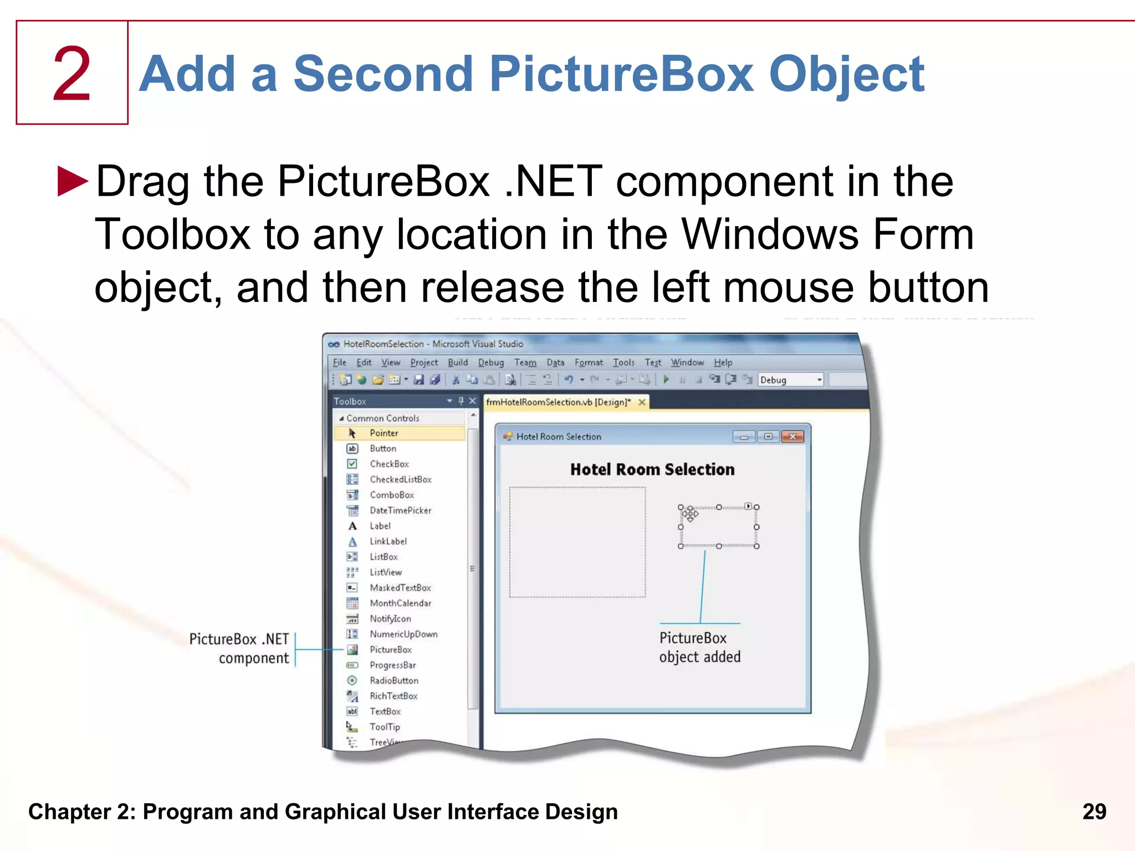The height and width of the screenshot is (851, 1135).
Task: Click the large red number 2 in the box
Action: pyautogui.click(x=72, y=74)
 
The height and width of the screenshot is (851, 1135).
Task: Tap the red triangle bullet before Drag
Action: pyautogui.click(x=73, y=181)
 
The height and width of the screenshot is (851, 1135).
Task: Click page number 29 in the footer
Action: pyautogui.click(x=1094, y=812)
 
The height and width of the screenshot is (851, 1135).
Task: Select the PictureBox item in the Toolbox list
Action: pyautogui.click(x=390, y=649)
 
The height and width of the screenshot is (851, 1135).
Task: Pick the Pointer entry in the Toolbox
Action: pyautogui.click(x=384, y=433)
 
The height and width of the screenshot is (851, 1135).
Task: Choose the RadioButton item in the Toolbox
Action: pyautogui.click(x=393, y=680)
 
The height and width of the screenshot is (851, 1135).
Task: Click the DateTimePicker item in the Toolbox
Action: pyautogui.click(x=400, y=510)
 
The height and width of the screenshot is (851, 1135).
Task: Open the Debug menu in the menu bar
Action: pyautogui.click(x=490, y=362)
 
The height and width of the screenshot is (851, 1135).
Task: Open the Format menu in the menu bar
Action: pyautogui.click(x=588, y=362)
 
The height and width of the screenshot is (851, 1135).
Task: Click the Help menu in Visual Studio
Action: pyautogui.click(x=723, y=362)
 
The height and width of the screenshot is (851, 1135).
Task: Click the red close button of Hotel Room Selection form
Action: pyautogui.click(x=793, y=437)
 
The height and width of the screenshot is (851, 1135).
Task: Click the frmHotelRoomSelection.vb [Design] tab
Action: pyautogui.click(x=558, y=402)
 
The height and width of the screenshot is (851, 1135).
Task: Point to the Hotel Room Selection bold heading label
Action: pyautogui.click(x=652, y=469)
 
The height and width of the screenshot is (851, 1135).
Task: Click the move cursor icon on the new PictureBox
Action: pyautogui.click(x=690, y=514)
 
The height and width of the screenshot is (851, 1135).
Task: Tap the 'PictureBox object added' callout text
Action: pyautogui.click(x=699, y=647)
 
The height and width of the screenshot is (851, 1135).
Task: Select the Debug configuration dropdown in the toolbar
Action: pyautogui.click(x=790, y=380)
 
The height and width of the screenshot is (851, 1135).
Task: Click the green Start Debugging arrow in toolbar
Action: pyautogui.click(x=666, y=380)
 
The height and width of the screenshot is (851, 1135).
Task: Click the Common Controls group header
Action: pyautogui.click(x=382, y=418)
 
